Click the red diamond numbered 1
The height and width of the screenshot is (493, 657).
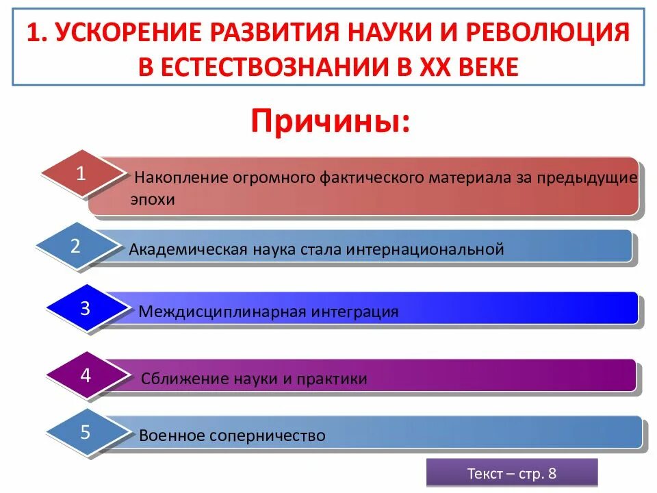(81, 174)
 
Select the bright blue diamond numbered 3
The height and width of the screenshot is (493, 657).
(85, 309)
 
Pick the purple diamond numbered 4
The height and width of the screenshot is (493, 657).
(86, 375)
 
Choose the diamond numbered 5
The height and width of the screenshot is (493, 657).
(86, 433)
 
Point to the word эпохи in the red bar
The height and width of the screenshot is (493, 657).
(153, 200)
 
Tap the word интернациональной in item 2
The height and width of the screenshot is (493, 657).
(425, 249)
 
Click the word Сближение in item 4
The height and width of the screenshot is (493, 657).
(178, 379)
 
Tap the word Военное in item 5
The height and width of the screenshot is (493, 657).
(172, 435)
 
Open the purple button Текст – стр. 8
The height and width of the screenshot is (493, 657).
(512, 473)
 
